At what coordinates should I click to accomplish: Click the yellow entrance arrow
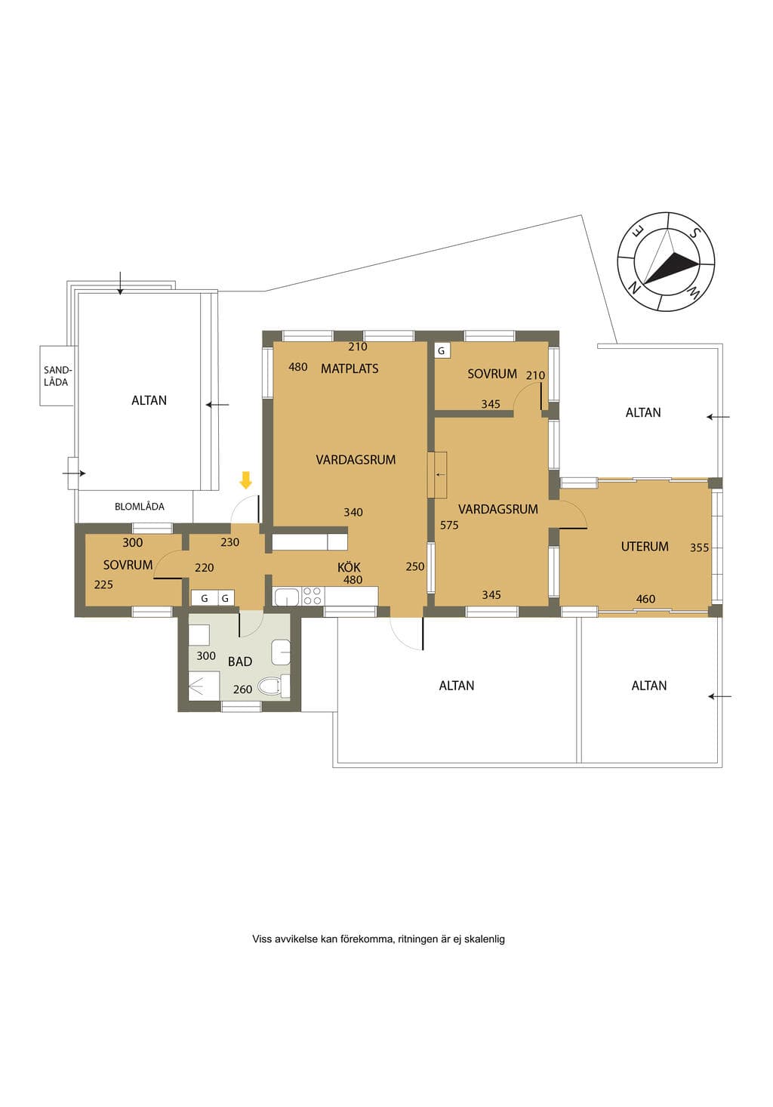[245, 479]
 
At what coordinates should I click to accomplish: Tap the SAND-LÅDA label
[57, 375]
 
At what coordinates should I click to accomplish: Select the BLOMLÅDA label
[140, 506]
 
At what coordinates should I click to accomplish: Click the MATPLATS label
[350, 368]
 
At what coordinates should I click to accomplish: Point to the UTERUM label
[645, 546]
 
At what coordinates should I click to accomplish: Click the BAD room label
[240, 661]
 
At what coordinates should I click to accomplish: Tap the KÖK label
[349, 566]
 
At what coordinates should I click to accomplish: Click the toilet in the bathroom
[274, 686]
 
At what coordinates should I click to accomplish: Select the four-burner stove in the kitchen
[313, 596]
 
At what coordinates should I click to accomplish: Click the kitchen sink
[286, 596]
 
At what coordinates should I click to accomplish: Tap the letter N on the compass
[633, 287]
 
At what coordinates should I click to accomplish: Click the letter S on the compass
[694, 233]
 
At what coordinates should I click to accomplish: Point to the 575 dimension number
[449, 525]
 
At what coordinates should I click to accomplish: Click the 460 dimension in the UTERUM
[645, 599]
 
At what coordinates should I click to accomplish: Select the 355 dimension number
[699, 547]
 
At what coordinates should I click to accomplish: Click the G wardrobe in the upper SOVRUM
[442, 351]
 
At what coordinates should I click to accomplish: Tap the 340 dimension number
[353, 512]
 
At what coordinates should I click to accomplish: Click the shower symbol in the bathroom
[204, 686]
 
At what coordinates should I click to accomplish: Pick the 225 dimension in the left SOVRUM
[103, 584]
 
